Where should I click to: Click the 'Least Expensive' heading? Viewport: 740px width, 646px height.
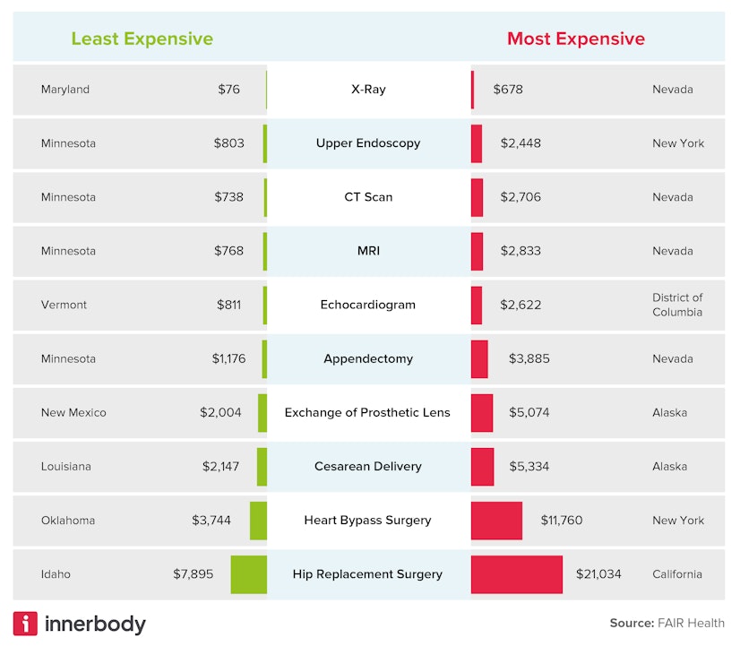(x=142, y=39)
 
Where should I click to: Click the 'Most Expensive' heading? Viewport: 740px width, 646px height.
(x=575, y=39)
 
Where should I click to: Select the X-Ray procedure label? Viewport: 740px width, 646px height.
(x=368, y=90)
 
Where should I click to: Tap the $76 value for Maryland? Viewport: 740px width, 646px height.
(x=228, y=90)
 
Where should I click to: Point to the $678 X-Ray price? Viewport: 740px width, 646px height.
(x=508, y=90)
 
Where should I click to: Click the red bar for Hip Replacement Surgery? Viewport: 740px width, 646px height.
(x=517, y=574)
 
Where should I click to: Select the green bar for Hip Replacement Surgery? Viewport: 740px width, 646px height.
(x=248, y=574)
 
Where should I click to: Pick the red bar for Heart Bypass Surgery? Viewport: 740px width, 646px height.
(x=496, y=521)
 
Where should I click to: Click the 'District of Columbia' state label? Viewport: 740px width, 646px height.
(x=677, y=305)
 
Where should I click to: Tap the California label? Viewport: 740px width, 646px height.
(x=677, y=574)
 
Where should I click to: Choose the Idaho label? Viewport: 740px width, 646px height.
(x=56, y=574)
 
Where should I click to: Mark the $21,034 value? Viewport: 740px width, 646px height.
(x=598, y=574)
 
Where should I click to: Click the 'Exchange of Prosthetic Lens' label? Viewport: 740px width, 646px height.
(x=367, y=413)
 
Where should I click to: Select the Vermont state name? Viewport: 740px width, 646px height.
(x=64, y=305)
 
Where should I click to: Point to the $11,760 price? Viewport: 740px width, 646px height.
(x=561, y=521)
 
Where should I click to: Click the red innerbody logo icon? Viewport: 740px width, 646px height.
(x=25, y=624)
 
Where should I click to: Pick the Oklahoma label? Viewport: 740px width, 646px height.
(x=67, y=521)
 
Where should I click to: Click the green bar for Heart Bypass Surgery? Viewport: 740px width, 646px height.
(x=258, y=521)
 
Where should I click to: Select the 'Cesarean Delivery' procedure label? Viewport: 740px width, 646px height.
(x=367, y=467)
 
